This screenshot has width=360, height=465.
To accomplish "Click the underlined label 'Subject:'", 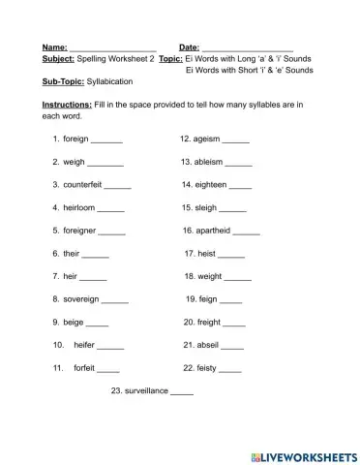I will (x=58, y=59).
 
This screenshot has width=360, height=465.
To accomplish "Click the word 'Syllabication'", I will (x=114, y=82).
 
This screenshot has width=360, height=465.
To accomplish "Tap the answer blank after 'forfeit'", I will (x=108, y=369).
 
